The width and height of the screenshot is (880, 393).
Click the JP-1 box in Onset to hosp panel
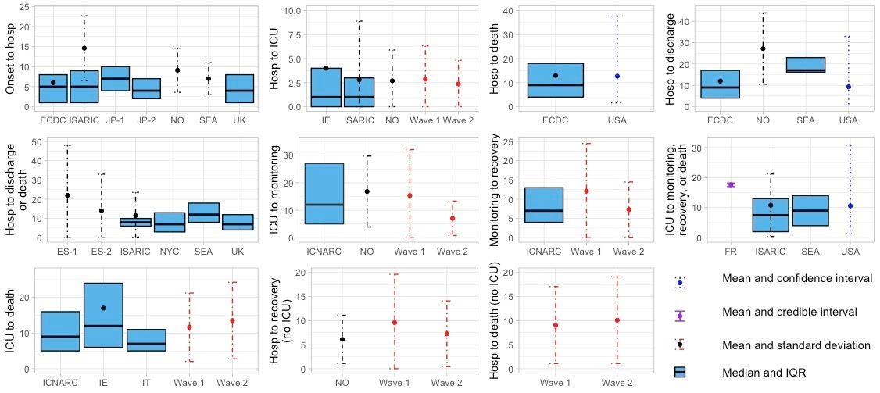coord(115,79)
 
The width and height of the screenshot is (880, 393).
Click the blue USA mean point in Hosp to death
coord(617,77)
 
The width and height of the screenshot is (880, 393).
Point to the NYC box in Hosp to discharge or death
coord(169,222)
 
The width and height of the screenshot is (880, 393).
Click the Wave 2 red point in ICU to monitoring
coord(453,219)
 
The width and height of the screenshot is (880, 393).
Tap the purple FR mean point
coord(731,184)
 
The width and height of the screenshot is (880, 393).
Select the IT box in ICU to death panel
coord(146,340)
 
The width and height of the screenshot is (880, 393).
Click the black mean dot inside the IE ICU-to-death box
coord(103,308)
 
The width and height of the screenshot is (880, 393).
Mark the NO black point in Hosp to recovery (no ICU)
coord(342,339)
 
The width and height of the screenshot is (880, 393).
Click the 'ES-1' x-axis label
coord(68,252)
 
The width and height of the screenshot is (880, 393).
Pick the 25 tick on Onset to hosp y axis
coord(26,7)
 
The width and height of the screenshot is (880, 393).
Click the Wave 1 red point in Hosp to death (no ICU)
coord(555,325)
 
